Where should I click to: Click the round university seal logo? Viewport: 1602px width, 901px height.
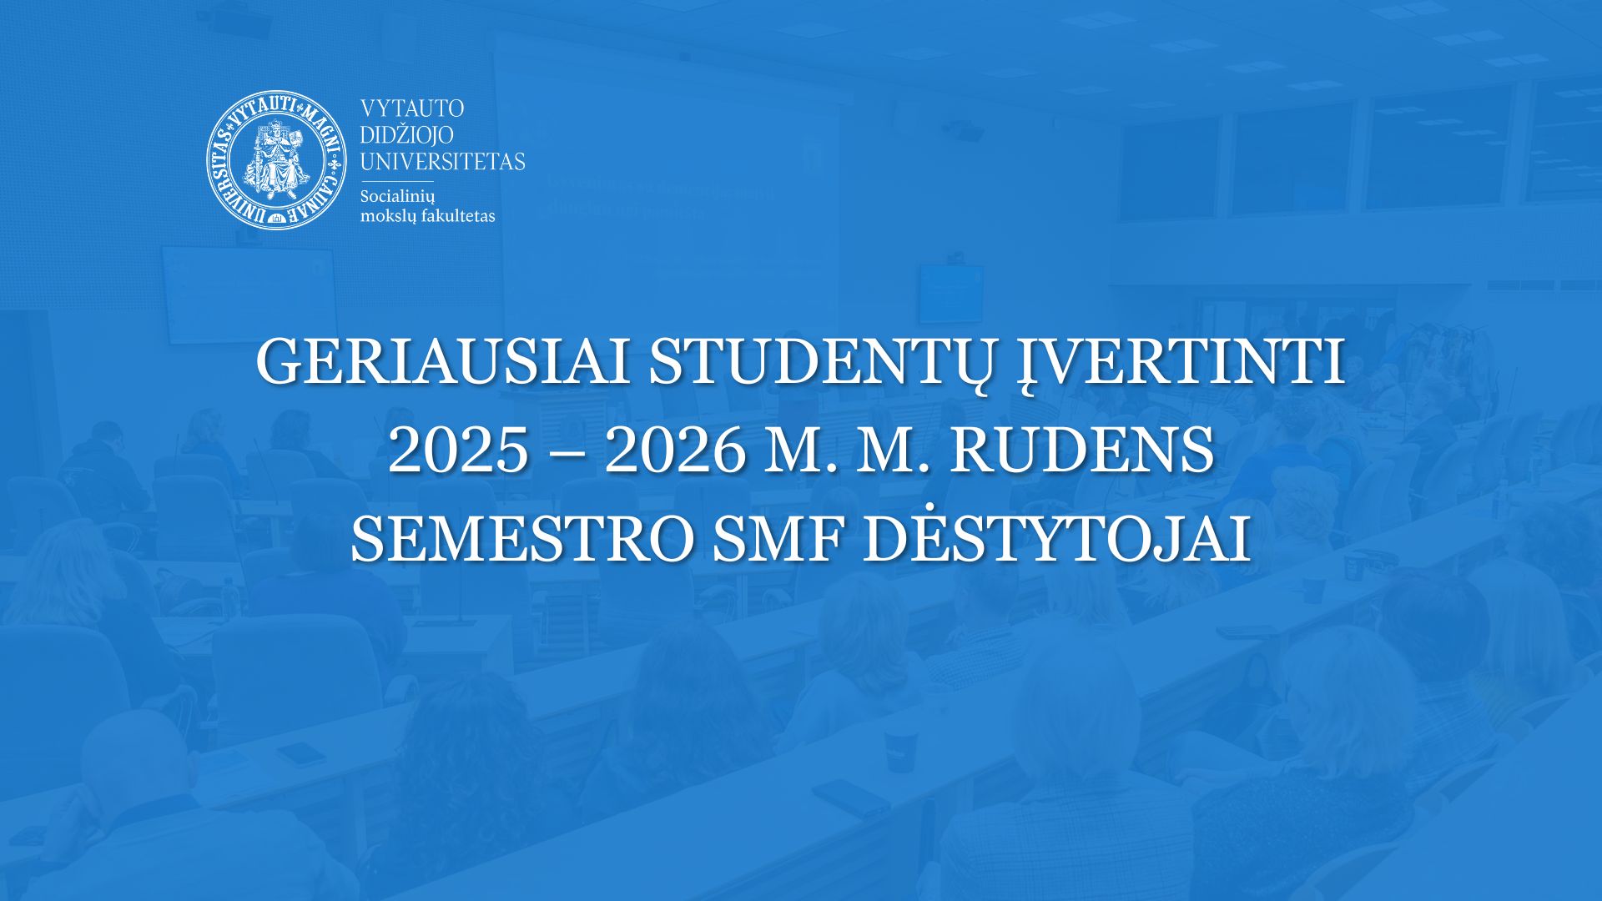point(277,159)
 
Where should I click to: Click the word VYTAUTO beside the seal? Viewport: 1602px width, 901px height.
point(412,108)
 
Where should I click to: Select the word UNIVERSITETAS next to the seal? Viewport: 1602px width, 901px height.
point(442,161)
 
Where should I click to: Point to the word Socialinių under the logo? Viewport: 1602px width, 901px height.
point(397,197)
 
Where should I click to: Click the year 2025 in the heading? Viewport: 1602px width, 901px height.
point(458,450)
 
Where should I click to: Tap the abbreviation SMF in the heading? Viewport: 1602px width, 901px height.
point(778,539)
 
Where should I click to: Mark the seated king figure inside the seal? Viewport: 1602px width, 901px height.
point(277,157)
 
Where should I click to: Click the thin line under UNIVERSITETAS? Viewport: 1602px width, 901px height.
point(396,181)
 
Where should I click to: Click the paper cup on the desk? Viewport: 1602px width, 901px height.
point(902,750)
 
